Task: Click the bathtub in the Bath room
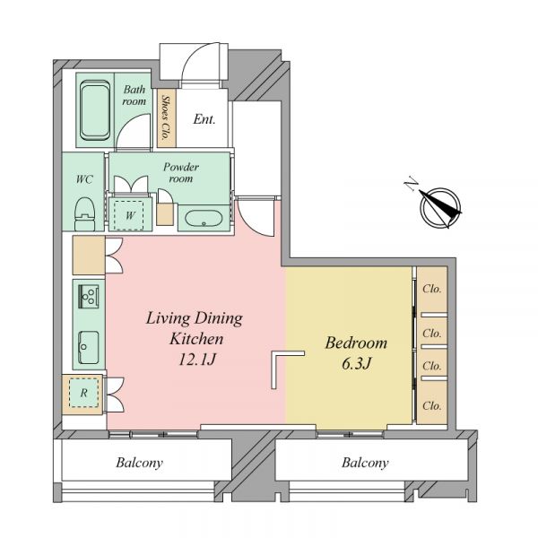[x=95, y=109]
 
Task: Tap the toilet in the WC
[x=84, y=213]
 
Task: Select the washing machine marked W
[x=129, y=215]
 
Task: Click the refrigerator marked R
[x=83, y=393]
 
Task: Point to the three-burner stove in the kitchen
[x=89, y=297]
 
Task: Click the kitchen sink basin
[x=89, y=347]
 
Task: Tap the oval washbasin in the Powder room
[x=204, y=218]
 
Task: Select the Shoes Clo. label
[x=166, y=117]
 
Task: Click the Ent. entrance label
[x=204, y=119]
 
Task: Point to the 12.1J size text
[x=197, y=360]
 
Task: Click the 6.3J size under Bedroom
[x=357, y=363]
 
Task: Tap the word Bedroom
[x=356, y=343]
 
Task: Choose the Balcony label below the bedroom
[x=365, y=463]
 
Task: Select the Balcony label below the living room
[x=139, y=463]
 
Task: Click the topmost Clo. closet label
[x=431, y=289]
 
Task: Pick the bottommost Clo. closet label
[x=431, y=406]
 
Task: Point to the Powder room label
[x=181, y=172]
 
